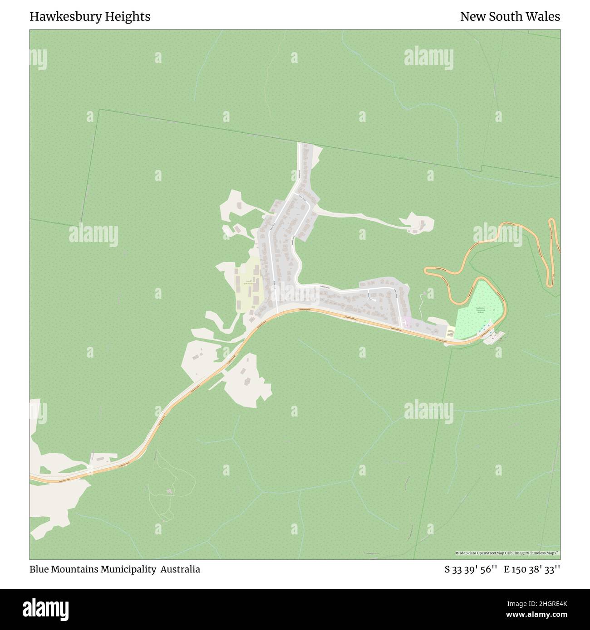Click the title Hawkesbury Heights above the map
[90, 17]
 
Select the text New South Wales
[510, 17]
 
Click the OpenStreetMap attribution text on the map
[507, 553]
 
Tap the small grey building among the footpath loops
[169, 491]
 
